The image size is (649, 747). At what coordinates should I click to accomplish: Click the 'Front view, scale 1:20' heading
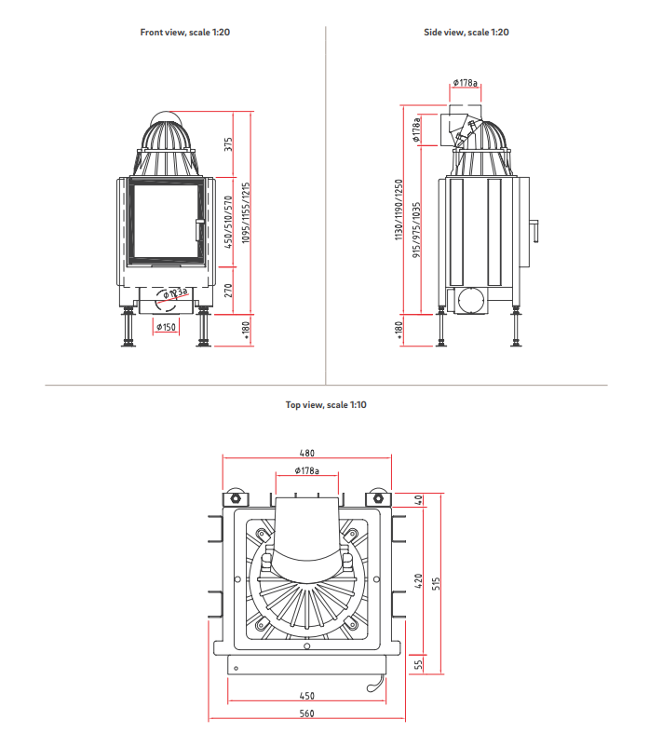tap(184, 33)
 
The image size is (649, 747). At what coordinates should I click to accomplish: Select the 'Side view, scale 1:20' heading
tap(466, 33)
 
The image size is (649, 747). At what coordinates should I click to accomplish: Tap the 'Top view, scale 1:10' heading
tap(326, 405)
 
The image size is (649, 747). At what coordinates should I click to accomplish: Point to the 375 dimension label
tap(228, 144)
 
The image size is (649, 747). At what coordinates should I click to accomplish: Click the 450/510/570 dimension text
tap(228, 222)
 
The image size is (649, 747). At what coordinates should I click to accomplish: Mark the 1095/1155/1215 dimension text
tap(246, 213)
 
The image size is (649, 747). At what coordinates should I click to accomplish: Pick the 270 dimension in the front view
tap(228, 291)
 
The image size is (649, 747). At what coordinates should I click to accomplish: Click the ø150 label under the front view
tap(166, 327)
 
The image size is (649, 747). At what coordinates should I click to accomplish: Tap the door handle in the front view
tap(199, 230)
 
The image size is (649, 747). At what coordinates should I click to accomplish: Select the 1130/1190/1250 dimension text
tap(399, 210)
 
